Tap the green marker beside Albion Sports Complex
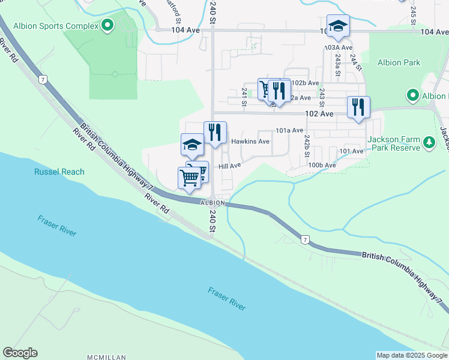click(107, 25)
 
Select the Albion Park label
click(399, 62)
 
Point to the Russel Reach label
click(59, 172)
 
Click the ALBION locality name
click(212, 203)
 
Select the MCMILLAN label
click(107, 357)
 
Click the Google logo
click(20, 353)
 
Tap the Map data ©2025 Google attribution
click(411, 355)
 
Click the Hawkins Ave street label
click(250, 142)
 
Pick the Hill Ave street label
click(229, 166)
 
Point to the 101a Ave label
click(289, 130)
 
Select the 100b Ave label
click(322, 165)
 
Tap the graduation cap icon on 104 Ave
click(338, 25)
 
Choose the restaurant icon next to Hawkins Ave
click(215, 131)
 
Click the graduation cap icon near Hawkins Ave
click(192, 143)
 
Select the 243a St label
click(338, 60)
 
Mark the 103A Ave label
click(336, 46)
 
